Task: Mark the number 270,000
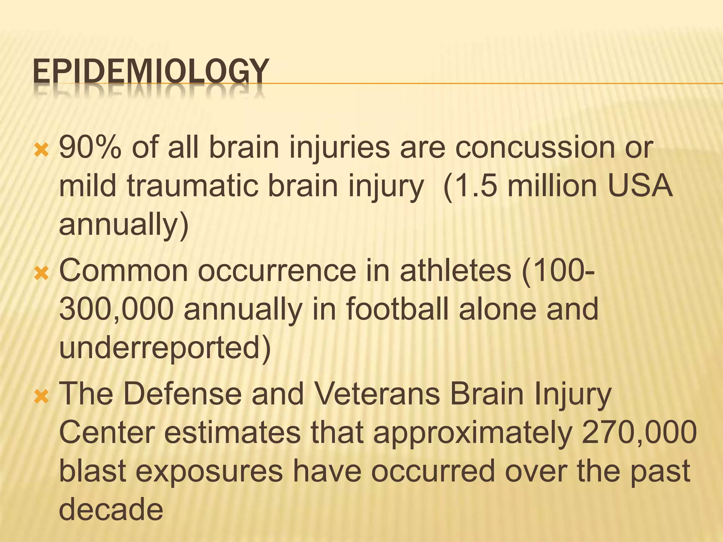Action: coord(639,433)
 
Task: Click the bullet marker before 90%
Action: coord(41,151)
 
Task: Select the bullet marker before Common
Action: coord(41,274)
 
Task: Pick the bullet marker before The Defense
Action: coord(41,397)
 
